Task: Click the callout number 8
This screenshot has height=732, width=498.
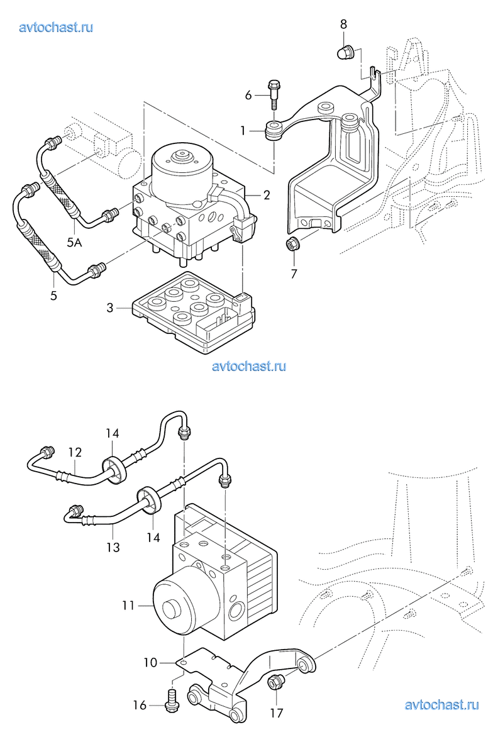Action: [x=343, y=24]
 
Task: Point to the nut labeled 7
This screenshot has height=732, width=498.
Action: [x=292, y=243]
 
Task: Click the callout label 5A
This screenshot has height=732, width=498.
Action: [x=74, y=242]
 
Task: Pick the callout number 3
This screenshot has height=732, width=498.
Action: [x=110, y=308]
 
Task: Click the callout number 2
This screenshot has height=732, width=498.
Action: [x=267, y=195]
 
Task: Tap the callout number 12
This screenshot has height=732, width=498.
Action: [x=75, y=452]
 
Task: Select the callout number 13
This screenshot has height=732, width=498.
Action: [x=113, y=546]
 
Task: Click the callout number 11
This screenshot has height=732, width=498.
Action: [x=128, y=606]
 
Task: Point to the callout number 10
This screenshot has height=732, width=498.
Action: [x=150, y=662]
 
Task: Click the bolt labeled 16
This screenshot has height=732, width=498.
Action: [x=172, y=701]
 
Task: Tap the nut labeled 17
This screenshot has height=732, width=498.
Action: [x=275, y=682]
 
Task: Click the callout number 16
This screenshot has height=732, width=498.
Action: [x=140, y=705]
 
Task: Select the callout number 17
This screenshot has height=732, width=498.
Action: [x=276, y=713]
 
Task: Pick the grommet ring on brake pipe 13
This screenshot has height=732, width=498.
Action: [x=149, y=500]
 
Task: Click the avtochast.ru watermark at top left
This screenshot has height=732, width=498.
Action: [x=56, y=27]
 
